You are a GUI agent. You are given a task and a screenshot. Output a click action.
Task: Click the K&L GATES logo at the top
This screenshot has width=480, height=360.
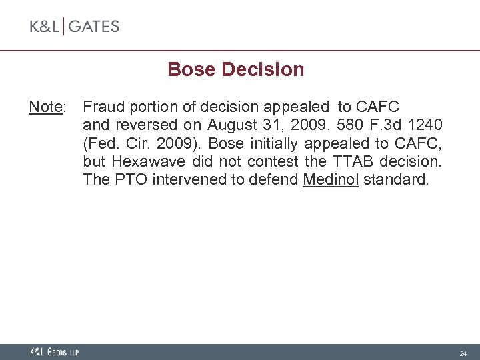pos(74,27)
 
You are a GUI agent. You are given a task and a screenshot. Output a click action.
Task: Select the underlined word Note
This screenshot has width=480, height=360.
pos(45,107)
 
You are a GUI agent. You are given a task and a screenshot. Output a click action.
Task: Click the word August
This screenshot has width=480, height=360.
pos(230,125)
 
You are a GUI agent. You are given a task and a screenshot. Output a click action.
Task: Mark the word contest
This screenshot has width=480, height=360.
pos(273,161)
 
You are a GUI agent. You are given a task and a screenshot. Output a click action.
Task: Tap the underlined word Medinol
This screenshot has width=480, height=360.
pos(331,179)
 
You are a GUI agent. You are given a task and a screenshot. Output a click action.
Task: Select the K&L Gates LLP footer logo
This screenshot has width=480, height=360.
pos(54,352)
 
